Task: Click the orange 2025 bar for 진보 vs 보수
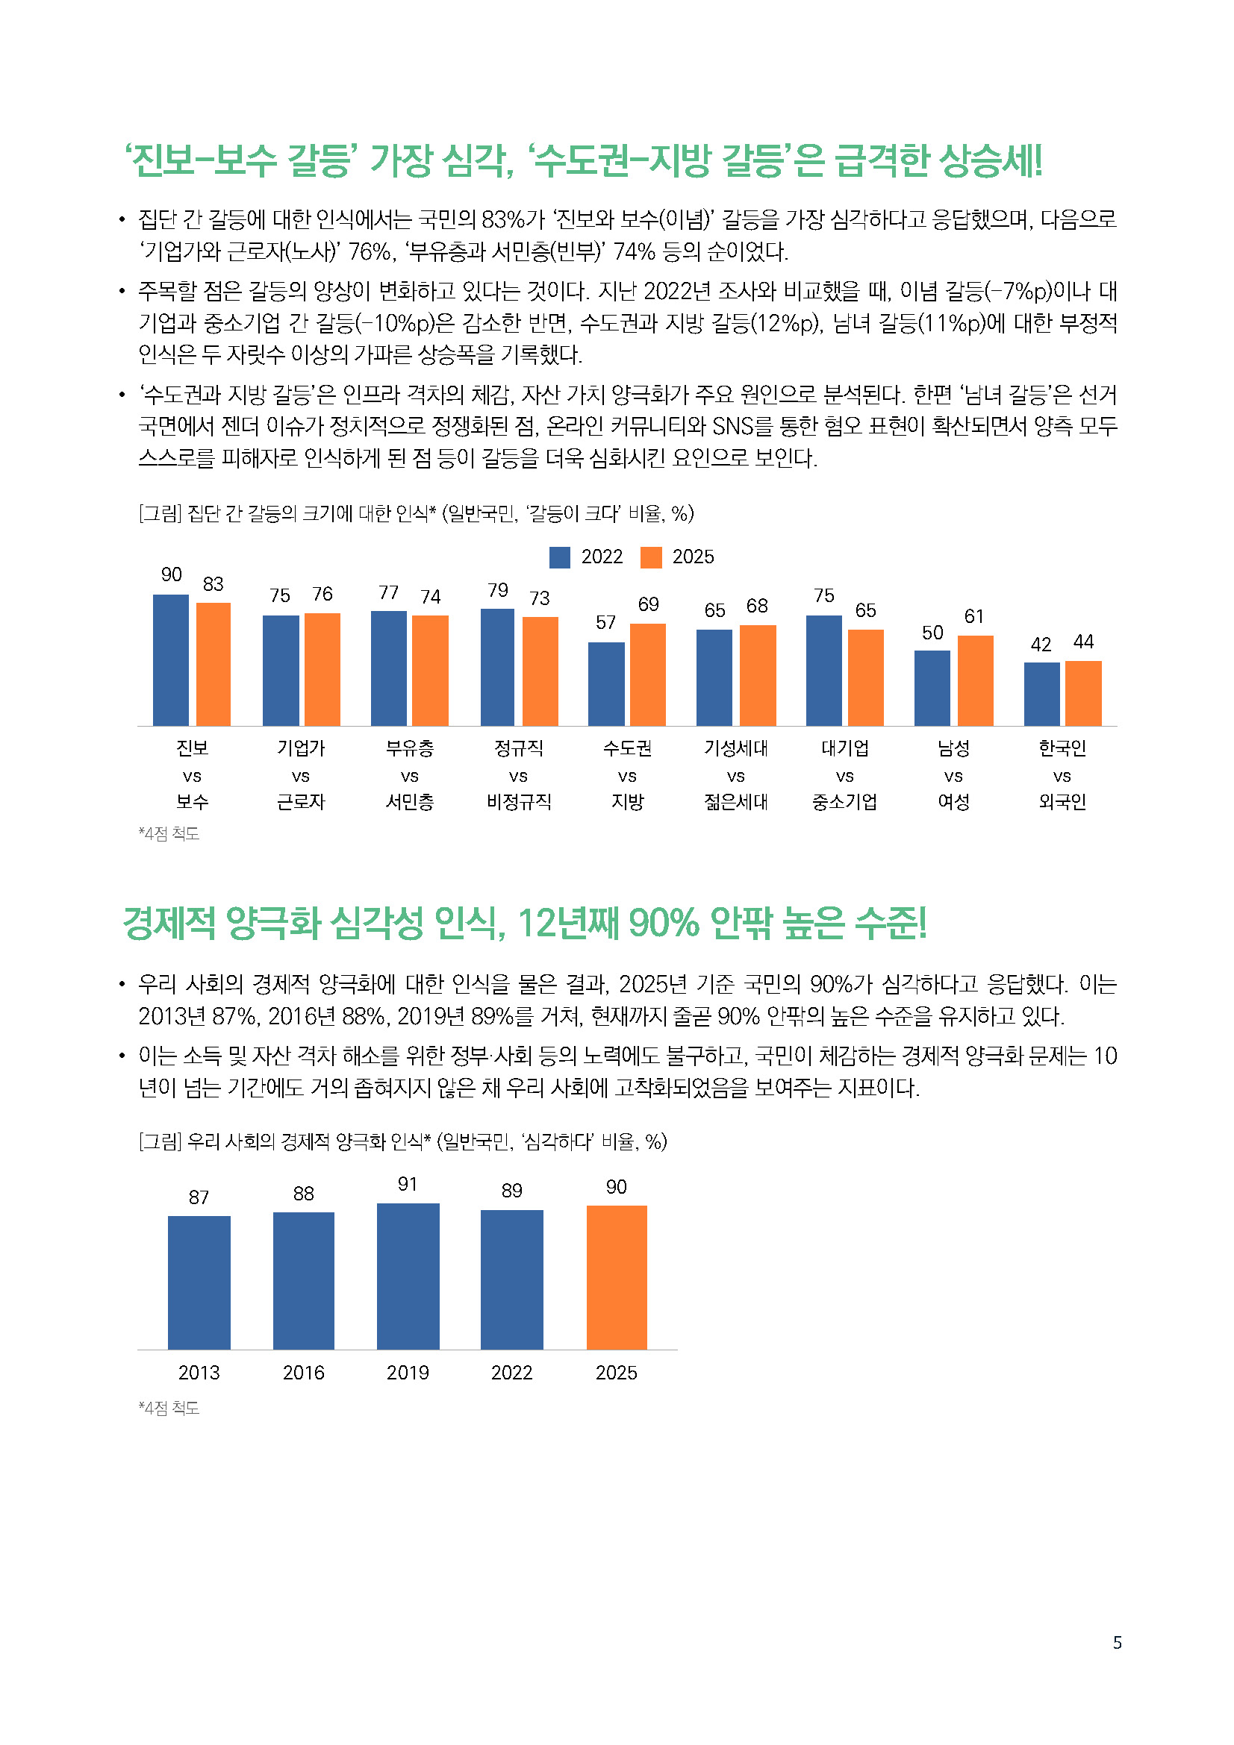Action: click(x=213, y=664)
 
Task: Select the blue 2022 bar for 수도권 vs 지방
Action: click(x=606, y=684)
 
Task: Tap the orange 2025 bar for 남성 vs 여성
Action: click(x=975, y=680)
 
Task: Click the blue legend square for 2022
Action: click(x=560, y=557)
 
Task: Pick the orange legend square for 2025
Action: click(x=651, y=557)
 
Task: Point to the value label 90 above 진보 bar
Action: click(x=171, y=574)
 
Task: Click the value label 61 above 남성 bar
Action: click(x=974, y=616)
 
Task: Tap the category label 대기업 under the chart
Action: click(x=844, y=748)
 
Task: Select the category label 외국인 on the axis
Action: click(x=1062, y=802)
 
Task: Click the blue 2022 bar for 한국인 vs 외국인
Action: click(x=1041, y=694)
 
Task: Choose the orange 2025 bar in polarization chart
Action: click(x=617, y=1276)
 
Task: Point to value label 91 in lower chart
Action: click(x=408, y=1184)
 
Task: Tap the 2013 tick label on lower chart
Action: click(x=199, y=1373)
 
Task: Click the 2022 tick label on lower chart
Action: click(x=511, y=1373)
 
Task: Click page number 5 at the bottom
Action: click(x=1117, y=1643)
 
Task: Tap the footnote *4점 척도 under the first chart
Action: click(x=169, y=834)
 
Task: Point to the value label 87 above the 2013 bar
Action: click(x=199, y=1198)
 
